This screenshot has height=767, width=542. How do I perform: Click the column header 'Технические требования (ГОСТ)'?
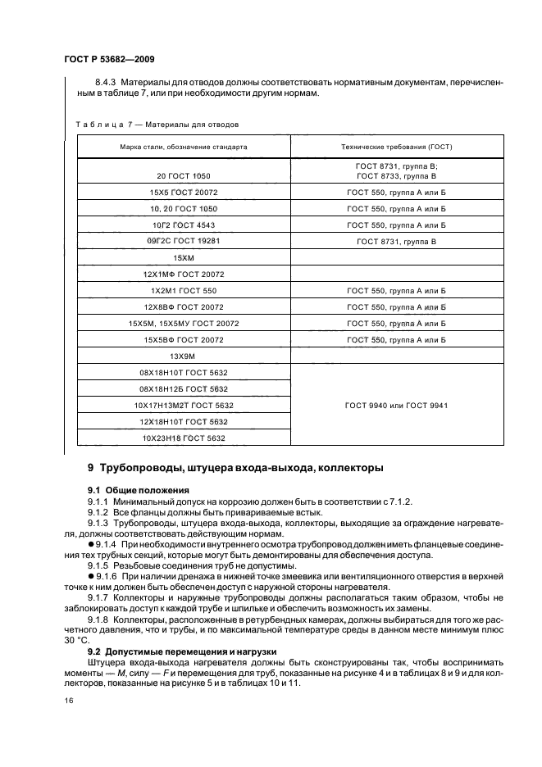click(397, 147)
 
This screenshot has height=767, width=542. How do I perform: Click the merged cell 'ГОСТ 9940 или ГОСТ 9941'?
click(397, 406)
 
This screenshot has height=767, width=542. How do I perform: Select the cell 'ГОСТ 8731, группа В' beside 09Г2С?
click(397, 242)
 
